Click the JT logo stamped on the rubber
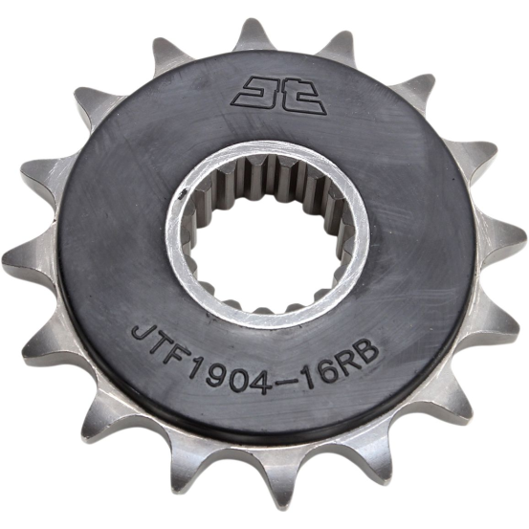pos(279,96)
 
